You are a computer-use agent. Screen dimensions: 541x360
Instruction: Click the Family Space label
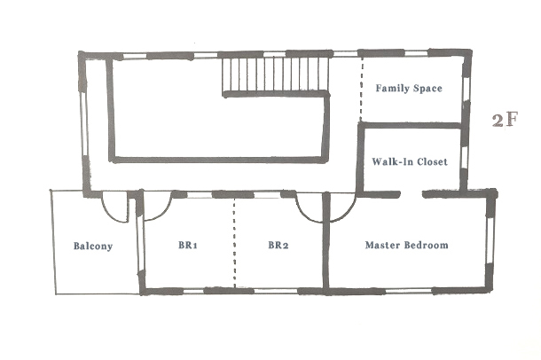[409, 89]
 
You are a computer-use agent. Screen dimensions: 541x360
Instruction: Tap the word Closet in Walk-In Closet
[432, 161]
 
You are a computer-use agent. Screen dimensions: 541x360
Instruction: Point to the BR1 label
[188, 245]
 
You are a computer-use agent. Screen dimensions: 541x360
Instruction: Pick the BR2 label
[278, 245]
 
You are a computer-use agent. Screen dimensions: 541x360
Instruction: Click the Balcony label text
[93, 247]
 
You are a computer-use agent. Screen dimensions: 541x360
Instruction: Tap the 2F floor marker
[505, 120]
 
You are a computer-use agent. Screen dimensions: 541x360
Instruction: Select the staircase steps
[275, 74]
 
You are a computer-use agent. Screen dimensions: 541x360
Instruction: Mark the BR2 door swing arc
[303, 214]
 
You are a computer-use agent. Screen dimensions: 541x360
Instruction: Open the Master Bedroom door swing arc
[348, 213]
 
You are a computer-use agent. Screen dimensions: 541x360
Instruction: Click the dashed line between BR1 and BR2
[235, 243]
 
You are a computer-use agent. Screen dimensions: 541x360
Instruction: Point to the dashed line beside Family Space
[361, 89]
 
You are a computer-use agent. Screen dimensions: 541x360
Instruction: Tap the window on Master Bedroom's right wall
[490, 240]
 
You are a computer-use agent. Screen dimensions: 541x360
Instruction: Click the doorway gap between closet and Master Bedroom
[412, 195]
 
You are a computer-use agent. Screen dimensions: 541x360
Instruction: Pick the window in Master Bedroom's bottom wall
[409, 292]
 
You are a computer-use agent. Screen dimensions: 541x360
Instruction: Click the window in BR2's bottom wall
[276, 292]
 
